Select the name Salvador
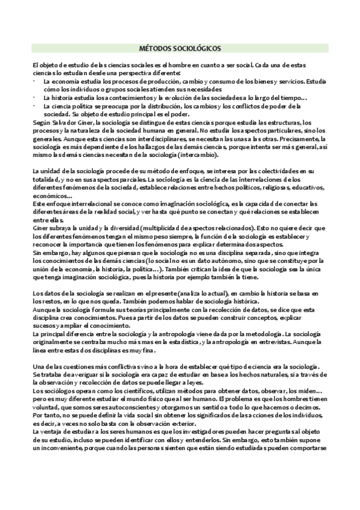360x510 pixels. tap(64, 123)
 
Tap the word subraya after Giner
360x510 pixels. tap(58, 227)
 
